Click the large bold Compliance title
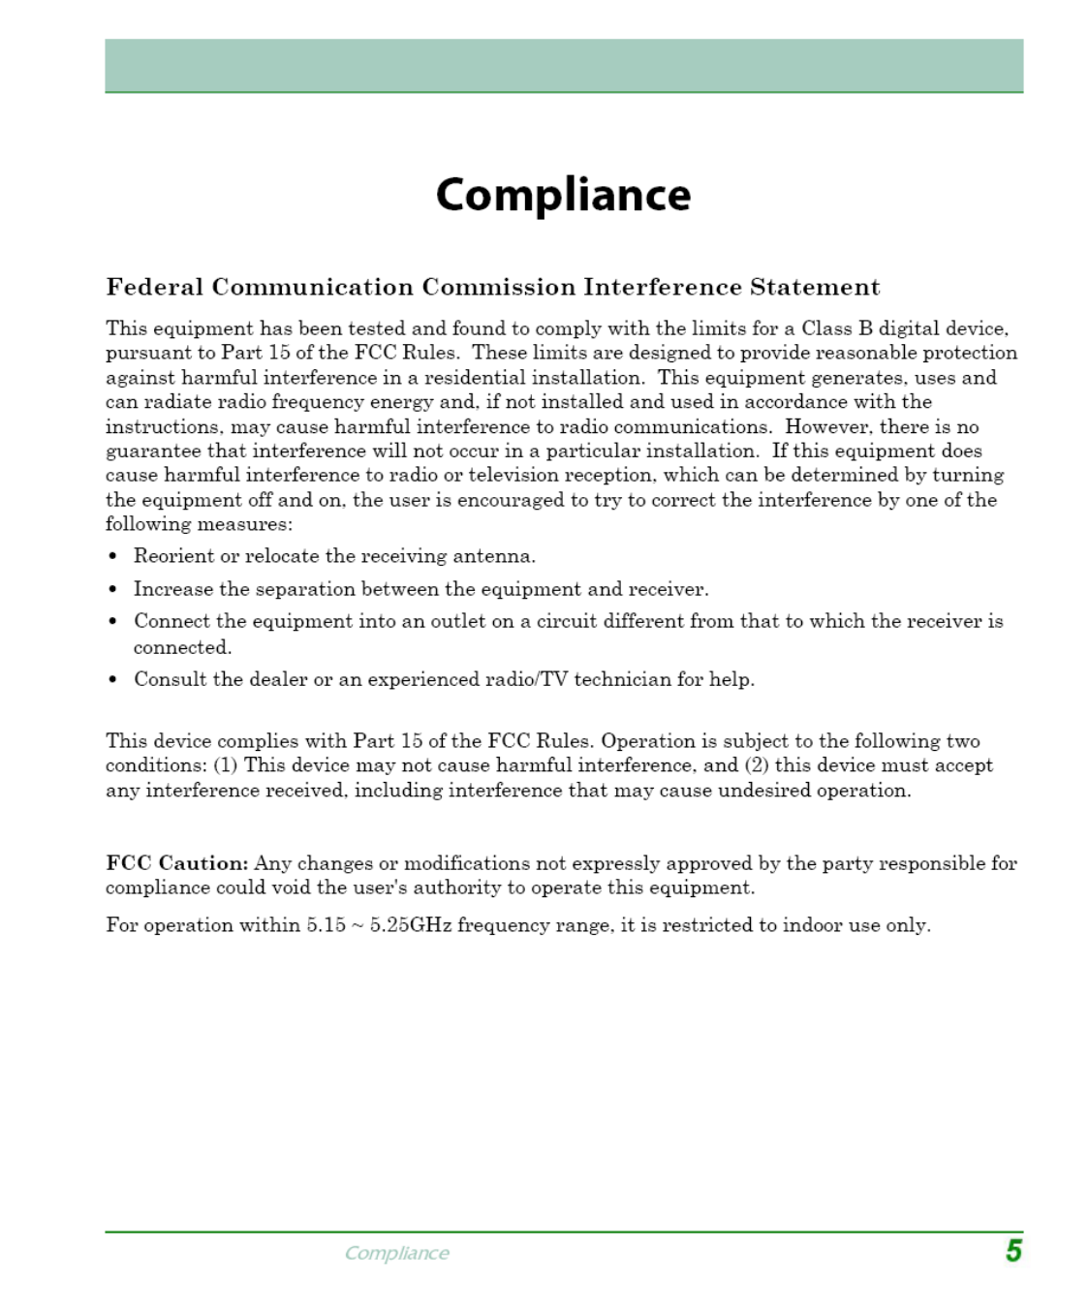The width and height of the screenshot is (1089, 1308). pyautogui.click(x=563, y=195)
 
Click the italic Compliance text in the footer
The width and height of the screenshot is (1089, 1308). pyautogui.click(x=396, y=1253)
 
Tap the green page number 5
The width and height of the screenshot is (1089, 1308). pyautogui.click(x=1013, y=1251)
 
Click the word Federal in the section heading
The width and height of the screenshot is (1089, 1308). pyautogui.click(x=155, y=287)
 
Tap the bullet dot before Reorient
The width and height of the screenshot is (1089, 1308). pyautogui.click(x=113, y=556)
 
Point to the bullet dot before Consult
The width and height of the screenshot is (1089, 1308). pyautogui.click(x=113, y=679)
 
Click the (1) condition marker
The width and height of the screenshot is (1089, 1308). pyautogui.click(x=226, y=765)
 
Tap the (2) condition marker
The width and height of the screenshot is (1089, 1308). pyautogui.click(x=757, y=765)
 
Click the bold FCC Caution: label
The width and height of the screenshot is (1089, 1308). pyautogui.click(x=177, y=863)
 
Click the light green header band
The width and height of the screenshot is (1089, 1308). pyautogui.click(x=564, y=65)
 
